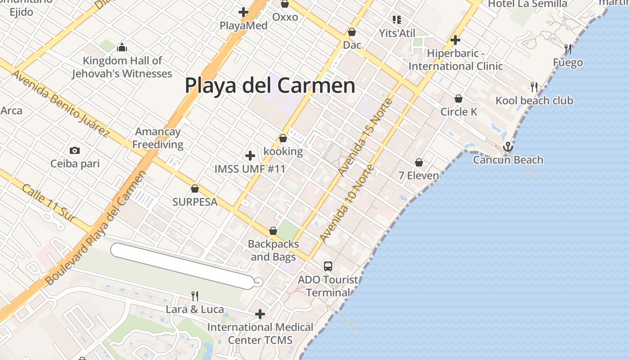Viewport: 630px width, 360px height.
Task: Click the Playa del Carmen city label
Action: pos(270,85)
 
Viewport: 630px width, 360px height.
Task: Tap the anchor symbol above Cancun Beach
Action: pos(508,147)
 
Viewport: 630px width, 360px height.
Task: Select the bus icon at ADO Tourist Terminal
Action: pos(328,266)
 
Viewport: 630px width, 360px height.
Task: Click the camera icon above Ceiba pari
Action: pos(75,150)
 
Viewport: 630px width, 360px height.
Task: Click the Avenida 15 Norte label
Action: pos(366,137)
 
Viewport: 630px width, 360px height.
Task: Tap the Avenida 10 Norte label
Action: pos(347,203)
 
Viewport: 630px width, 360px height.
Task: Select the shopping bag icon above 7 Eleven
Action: pos(419,162)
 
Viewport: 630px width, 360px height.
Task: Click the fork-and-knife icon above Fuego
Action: pos(568,49)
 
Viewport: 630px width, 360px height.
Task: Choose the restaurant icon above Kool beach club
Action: pos(534,86)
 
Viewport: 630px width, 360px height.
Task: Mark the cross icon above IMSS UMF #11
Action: pos(250,156)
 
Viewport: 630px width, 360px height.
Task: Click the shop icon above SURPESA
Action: pos(195,189)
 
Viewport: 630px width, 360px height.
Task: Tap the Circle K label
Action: pos(459,112)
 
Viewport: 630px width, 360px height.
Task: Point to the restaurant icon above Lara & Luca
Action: pos(195,296)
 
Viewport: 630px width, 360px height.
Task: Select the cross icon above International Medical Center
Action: pos(260,314)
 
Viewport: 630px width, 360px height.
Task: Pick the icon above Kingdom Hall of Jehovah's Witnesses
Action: pos(122,47)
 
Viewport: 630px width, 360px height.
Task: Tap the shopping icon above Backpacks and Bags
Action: pos(273,231)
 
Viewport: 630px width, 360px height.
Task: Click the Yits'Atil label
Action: pos(397,33)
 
